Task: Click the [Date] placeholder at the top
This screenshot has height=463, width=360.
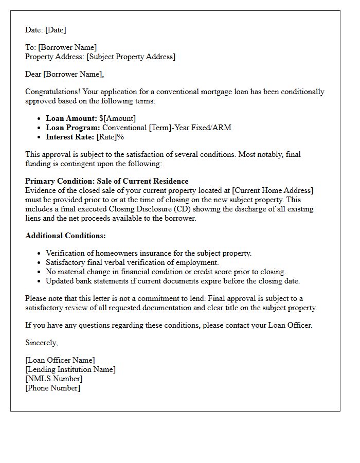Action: coord(56,30)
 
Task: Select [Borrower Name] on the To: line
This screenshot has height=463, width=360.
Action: coord(67,47)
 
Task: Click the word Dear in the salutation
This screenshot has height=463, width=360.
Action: coord(33,74)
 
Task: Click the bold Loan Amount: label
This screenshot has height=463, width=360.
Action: coord(71,118)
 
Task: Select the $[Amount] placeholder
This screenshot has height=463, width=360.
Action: coord(118,118)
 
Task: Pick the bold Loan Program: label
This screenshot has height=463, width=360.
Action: coord(73,128)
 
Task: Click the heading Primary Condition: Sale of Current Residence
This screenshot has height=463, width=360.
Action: coord(106,181)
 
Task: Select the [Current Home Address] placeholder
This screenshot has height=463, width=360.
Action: coord(273,190)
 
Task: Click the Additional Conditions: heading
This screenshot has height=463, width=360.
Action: coord(65,236)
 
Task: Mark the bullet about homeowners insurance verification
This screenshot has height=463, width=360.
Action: coord(149,253)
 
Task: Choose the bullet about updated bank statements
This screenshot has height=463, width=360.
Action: coord(172,281)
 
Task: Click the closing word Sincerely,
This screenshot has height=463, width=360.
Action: coord(42,343)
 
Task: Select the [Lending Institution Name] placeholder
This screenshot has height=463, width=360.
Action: coord(70,369)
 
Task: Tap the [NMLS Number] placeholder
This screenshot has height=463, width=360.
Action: coord(53,379)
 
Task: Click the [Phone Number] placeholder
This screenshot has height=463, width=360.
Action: coord(52,388)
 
